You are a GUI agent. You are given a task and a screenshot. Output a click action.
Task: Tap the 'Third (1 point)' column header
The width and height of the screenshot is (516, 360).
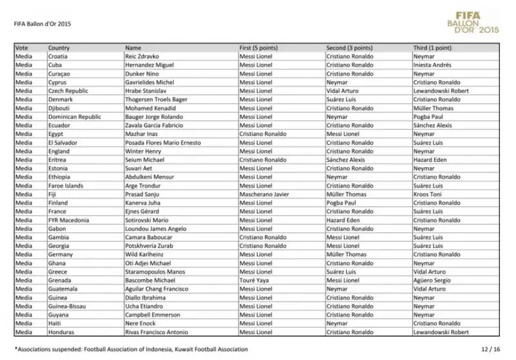pyautogui.click(x=432, y=48)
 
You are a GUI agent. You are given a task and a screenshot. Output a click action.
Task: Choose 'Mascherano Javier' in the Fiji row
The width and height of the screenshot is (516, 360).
pyautogui.click(x=262, y=194)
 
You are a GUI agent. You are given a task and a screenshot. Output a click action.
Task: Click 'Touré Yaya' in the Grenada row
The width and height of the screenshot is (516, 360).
pyautogui.click(x=253, y=280)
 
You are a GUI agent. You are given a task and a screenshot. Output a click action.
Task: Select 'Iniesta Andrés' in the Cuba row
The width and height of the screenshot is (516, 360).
pyautogui.click(x=432, y=65)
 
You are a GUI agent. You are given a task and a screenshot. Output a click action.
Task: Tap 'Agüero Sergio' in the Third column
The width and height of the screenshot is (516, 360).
pyautogui.click(x=431, y=280)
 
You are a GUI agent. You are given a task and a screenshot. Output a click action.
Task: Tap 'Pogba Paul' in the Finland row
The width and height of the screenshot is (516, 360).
pyautogui.click(x=340, y=203)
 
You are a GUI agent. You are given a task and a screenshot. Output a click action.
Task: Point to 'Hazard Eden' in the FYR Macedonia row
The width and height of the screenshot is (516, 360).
pyautogui.click(x=341, y=220)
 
